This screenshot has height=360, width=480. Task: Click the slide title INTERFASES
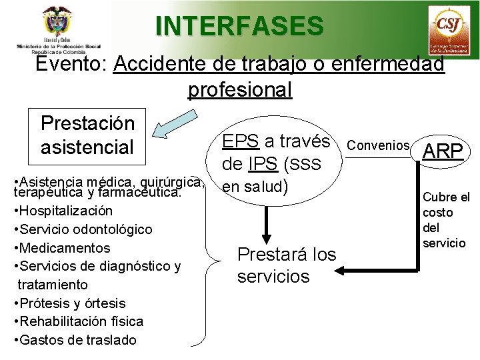point(239,26)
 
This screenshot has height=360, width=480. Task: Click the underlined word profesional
point(240,89)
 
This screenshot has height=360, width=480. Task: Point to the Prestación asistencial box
point(87,135)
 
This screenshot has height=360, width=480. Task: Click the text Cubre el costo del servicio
point(446,220)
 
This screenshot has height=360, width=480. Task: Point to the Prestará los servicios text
point(287,265)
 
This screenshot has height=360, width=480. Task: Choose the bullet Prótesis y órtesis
point(68,303)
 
